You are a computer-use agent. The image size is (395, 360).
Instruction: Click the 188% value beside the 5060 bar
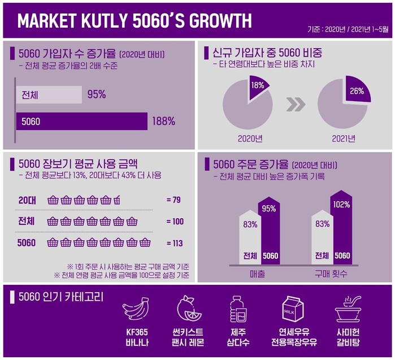point(163,121)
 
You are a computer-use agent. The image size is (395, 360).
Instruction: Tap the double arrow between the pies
point(296,105)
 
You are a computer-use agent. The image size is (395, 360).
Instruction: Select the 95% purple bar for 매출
point(270,232)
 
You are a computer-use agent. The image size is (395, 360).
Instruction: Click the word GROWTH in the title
point(213,20)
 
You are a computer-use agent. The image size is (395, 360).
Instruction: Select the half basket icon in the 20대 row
point(117,199)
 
